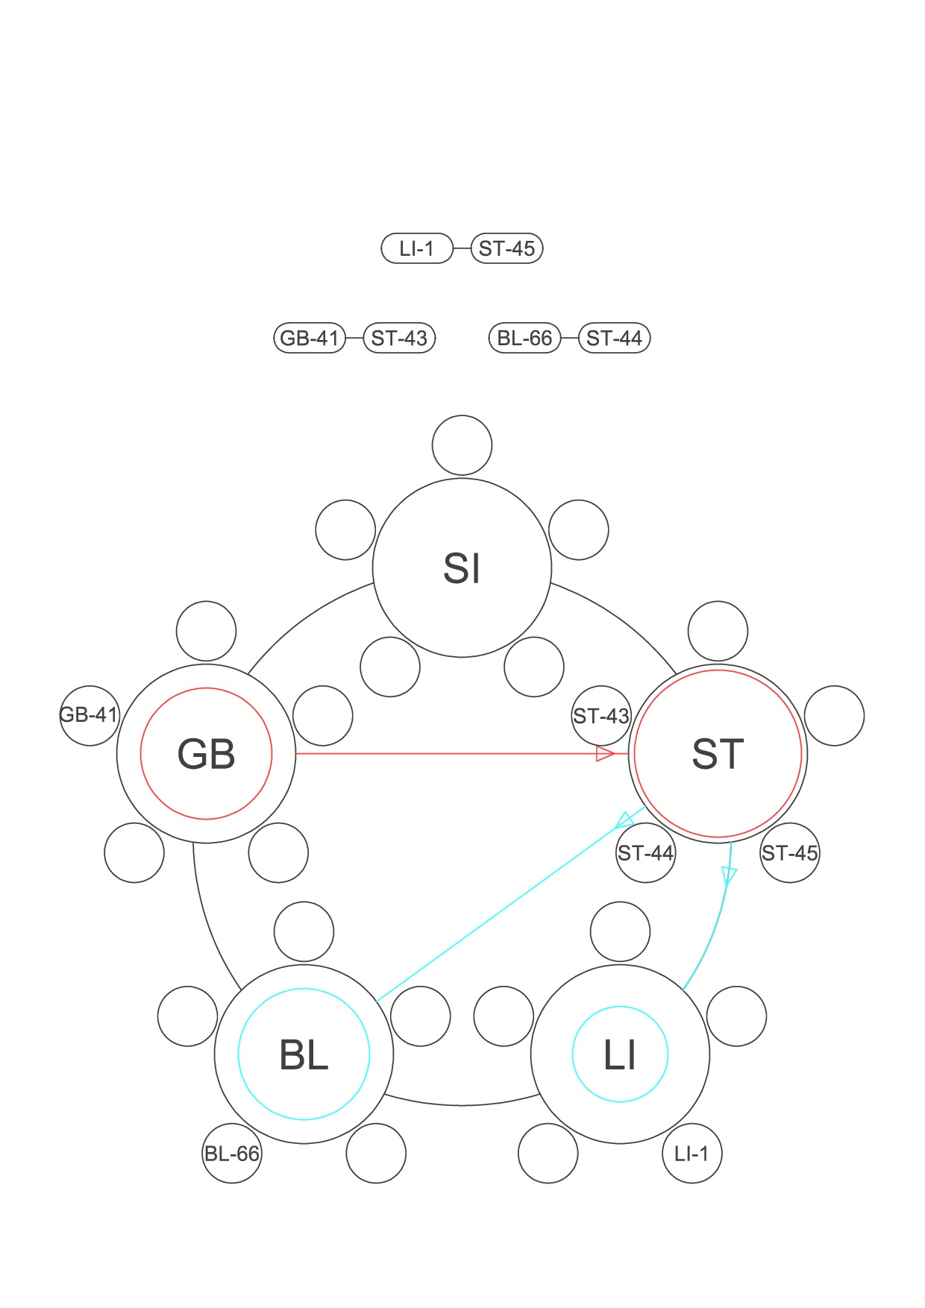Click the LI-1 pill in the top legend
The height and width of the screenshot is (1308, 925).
417,248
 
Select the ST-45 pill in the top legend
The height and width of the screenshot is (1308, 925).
507,248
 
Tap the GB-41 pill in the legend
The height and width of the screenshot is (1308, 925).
310,338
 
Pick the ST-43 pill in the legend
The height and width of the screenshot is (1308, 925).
399,338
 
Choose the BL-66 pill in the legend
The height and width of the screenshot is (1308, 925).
524,338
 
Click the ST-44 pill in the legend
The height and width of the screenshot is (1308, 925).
614,338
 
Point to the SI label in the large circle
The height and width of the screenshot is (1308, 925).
462,568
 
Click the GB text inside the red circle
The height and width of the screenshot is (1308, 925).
207,754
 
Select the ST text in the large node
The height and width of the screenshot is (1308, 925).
718,754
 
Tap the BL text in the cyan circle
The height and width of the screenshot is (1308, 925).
304,1054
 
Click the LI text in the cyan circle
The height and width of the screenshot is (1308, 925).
620,1054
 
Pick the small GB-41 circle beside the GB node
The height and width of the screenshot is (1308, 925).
90,715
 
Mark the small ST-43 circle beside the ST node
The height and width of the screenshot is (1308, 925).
601,716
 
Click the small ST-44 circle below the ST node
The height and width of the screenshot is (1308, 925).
646,852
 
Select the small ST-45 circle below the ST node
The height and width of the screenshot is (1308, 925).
790,852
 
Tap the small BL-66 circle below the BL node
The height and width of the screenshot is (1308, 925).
232,1154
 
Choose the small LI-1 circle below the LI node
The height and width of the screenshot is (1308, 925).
692,1154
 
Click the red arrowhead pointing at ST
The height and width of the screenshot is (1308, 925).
605,754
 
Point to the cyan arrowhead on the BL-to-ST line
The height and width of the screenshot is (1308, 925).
624,821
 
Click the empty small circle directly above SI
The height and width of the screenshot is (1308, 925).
462,445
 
